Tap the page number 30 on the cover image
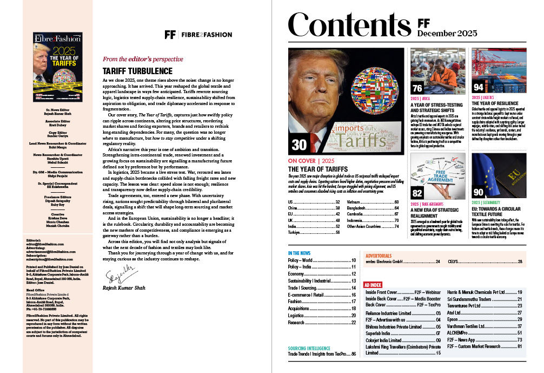click(x=300, y=145)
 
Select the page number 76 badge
click(x=417, y=88)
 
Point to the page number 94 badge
click(x=479, y=88)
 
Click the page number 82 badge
click(x=417, y=193)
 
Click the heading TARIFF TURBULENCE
click(x=137, y=71)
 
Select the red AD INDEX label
click(x=373, y=284)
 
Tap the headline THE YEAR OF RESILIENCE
click(x=495, y=103)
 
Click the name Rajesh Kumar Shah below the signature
click(x=125, y=287)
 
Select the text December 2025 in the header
click(x=447, y=34)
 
